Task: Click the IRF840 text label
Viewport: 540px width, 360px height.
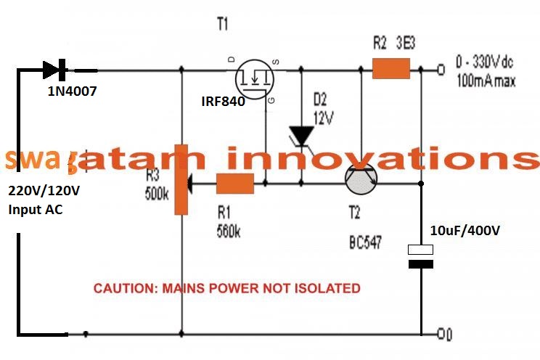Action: point(223,102)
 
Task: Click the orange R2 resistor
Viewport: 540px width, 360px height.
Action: point(391,70)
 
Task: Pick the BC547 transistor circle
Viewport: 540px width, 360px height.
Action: point(364,176)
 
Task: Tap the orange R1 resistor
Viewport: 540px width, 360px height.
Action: point(235,184)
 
